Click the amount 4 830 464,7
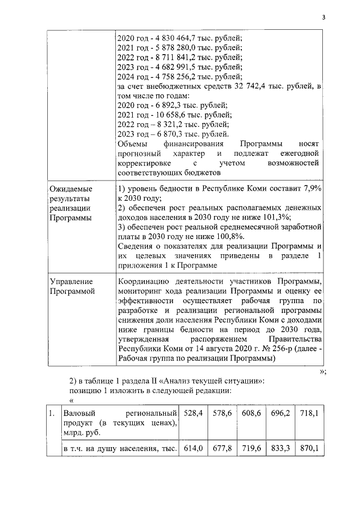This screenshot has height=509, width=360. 173,38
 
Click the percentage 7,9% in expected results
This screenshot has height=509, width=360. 311,189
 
